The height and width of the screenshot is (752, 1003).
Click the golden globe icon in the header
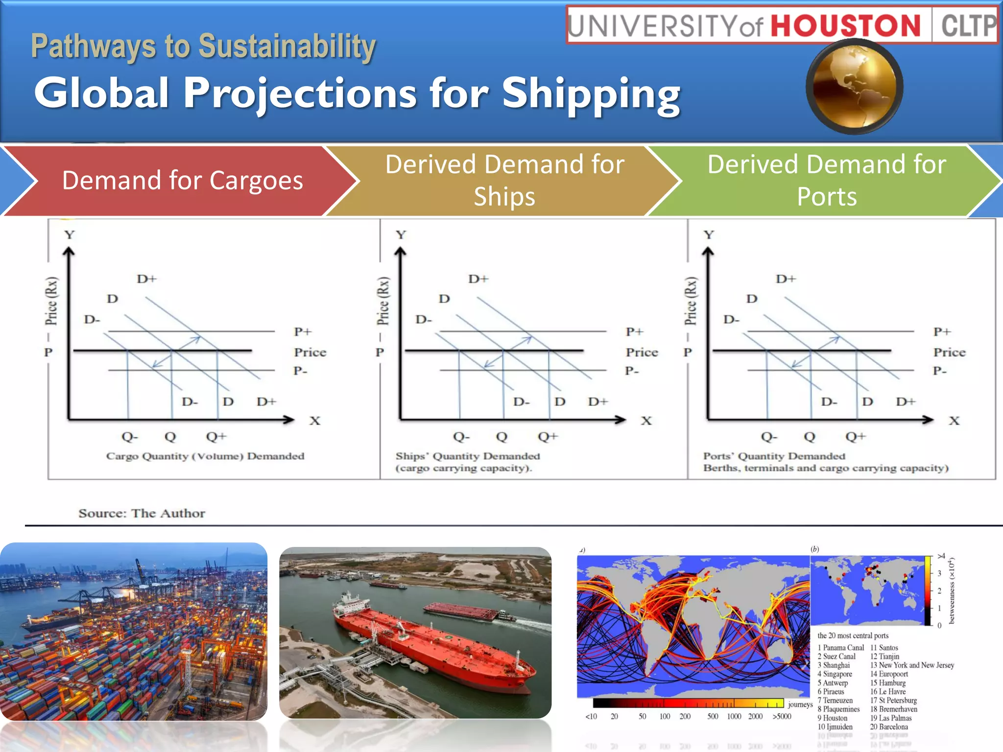click(854, 87)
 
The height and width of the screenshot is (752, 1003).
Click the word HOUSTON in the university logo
click(846, 25)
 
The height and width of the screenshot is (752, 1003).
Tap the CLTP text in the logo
click(968, 25)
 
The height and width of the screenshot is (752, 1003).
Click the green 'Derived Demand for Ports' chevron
click(827, 180)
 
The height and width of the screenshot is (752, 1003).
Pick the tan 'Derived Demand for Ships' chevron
click(504, 180)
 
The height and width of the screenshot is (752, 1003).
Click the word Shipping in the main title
click(591, 93)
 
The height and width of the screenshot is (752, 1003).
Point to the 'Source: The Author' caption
click(142, 513)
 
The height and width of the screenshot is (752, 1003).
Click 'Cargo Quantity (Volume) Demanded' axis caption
click(205, 456)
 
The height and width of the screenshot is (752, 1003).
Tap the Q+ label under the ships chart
click(548, 436)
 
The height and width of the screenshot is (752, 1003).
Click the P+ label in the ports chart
click(942, 332)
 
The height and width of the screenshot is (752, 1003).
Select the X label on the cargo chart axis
click(315, 421)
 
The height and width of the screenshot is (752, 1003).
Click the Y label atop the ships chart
click(401, 235)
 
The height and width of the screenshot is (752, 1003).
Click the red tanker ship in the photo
click(431, 641)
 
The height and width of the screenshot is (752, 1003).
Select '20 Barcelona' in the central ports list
click(889, 727)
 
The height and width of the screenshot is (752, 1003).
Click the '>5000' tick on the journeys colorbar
click(782, 716)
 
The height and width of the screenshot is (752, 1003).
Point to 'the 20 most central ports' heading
click(853, 635)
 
